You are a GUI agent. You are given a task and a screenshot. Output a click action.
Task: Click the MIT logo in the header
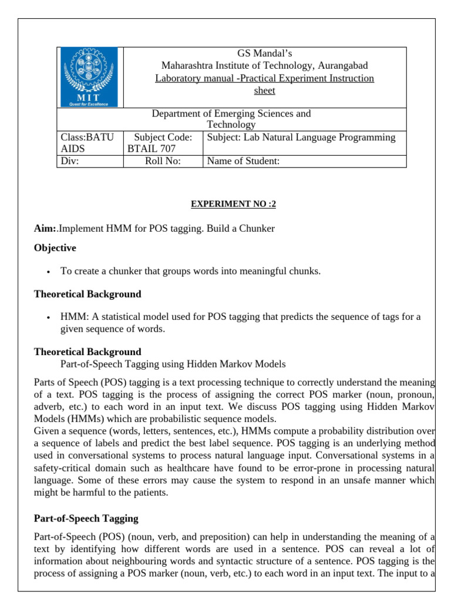89,77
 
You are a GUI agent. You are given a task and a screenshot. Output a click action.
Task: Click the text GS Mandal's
265,53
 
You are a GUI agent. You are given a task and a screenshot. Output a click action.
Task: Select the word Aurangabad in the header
344,66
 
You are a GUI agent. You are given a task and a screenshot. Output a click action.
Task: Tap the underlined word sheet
264,91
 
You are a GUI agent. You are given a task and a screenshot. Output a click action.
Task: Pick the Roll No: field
163,162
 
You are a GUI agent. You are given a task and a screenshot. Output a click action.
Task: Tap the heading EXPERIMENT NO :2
233,204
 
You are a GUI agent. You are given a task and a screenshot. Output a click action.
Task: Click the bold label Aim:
45,228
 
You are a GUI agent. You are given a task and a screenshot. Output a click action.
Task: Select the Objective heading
55,248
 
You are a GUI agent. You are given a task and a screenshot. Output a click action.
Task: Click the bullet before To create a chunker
47,272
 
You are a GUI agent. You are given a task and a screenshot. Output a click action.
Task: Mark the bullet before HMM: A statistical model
47,317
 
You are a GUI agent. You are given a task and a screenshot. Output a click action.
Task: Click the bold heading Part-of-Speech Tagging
86,519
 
